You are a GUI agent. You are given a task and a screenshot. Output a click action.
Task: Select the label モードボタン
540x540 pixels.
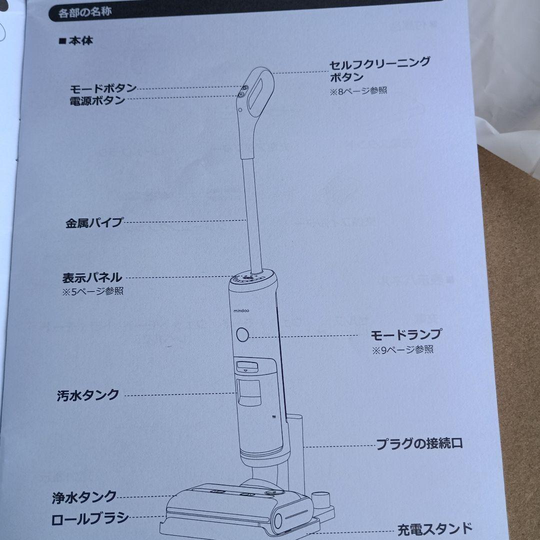tap(103, 88)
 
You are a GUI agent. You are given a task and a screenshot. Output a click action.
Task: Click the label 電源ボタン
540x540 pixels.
tap(97, 100)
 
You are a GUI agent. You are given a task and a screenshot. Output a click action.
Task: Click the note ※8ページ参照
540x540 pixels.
tap(358, 91)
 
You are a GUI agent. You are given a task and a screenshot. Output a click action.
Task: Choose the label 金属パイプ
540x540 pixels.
tap(94, 223)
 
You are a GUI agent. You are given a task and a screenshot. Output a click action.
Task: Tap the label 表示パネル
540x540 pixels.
tap(91, 277)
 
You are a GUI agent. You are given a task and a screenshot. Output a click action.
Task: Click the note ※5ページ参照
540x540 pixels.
tap(93, 291)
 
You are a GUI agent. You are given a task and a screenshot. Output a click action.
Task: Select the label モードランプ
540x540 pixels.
tap(405, 334)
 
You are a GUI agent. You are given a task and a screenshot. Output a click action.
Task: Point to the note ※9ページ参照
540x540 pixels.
tap(403, 349)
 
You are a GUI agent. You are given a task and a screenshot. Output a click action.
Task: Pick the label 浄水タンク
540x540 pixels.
tap(84, 497)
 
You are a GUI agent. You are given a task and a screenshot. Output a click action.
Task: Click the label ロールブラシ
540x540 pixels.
tap(90, 518)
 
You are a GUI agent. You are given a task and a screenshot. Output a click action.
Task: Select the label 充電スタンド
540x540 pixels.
tap(434, 528)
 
